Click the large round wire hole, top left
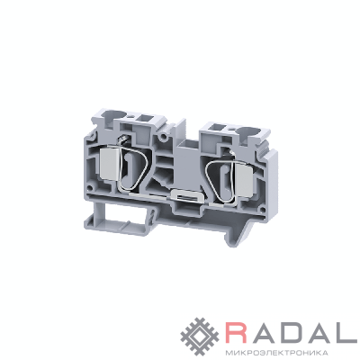(112, 114)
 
